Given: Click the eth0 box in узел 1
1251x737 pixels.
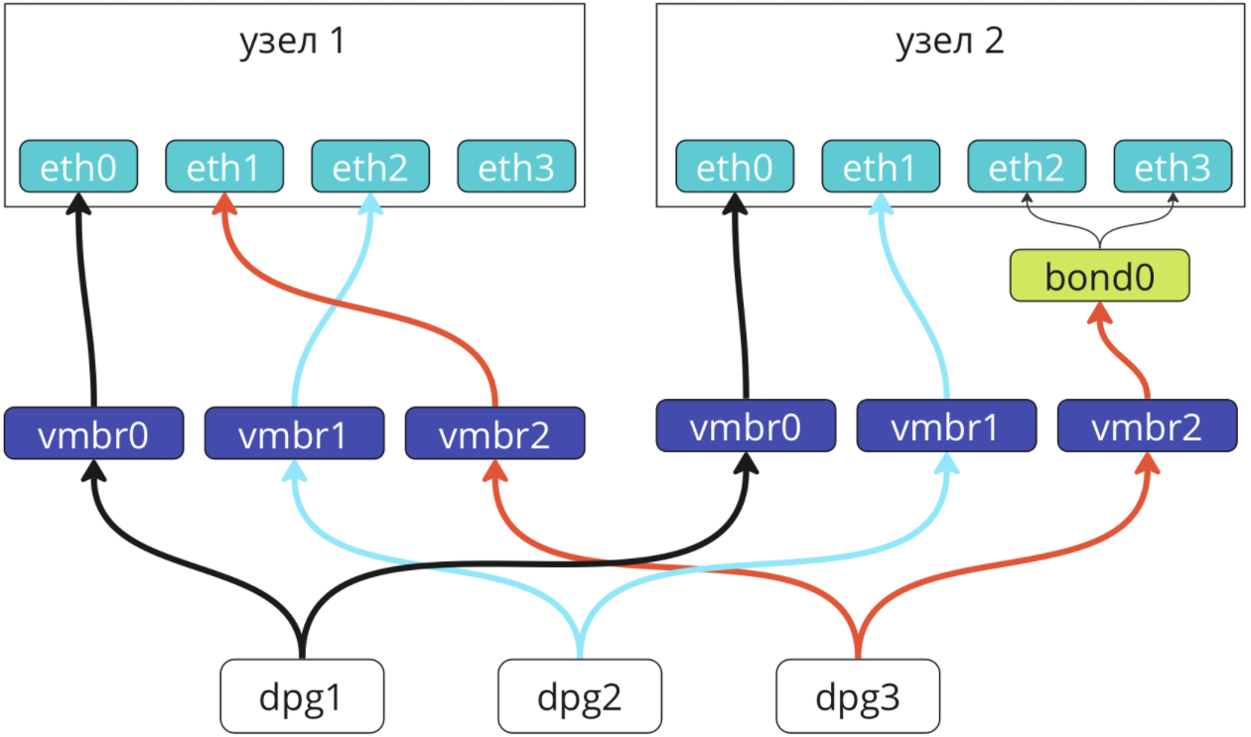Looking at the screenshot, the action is click(x=78, y=167).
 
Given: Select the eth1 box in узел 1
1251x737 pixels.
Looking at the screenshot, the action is click(x=224, y=167).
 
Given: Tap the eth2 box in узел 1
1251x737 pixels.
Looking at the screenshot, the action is click(x=370, y=167).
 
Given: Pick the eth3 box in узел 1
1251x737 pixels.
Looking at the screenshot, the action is click(x=516, y=167).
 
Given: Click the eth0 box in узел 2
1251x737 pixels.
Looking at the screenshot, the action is click(x=735, y=167).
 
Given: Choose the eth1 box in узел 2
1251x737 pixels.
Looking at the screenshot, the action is click(x=881, y=167).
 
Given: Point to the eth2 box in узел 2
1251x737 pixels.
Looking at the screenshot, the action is click(x=1027, y=167).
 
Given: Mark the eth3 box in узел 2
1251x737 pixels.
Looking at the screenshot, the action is click(x=1173, y=167).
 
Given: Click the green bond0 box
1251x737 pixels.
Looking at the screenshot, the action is click(x=1100, y=276).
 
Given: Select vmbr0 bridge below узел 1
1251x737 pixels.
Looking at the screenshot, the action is click(x=93, y=433).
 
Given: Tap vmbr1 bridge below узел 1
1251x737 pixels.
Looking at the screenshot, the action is click(x=294, y=433).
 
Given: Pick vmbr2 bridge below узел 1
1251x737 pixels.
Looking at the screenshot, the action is click(x=494, y=433).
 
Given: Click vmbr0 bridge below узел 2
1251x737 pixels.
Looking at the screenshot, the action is click(x=747, y=426).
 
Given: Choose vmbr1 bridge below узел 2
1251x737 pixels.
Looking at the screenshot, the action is click(x=946, y=426).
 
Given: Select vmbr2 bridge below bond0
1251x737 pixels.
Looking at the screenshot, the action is click(x=1147, y=426).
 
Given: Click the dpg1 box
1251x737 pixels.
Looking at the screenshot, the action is click(x=302, y=696).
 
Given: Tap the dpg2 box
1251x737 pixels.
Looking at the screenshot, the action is click(x=580, y=696).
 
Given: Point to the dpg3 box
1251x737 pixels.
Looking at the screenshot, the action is click(x=858, y=696).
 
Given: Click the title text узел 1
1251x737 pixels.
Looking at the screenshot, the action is click(x=293, y=42).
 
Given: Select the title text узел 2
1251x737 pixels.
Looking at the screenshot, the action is click(x=950, y=42).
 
